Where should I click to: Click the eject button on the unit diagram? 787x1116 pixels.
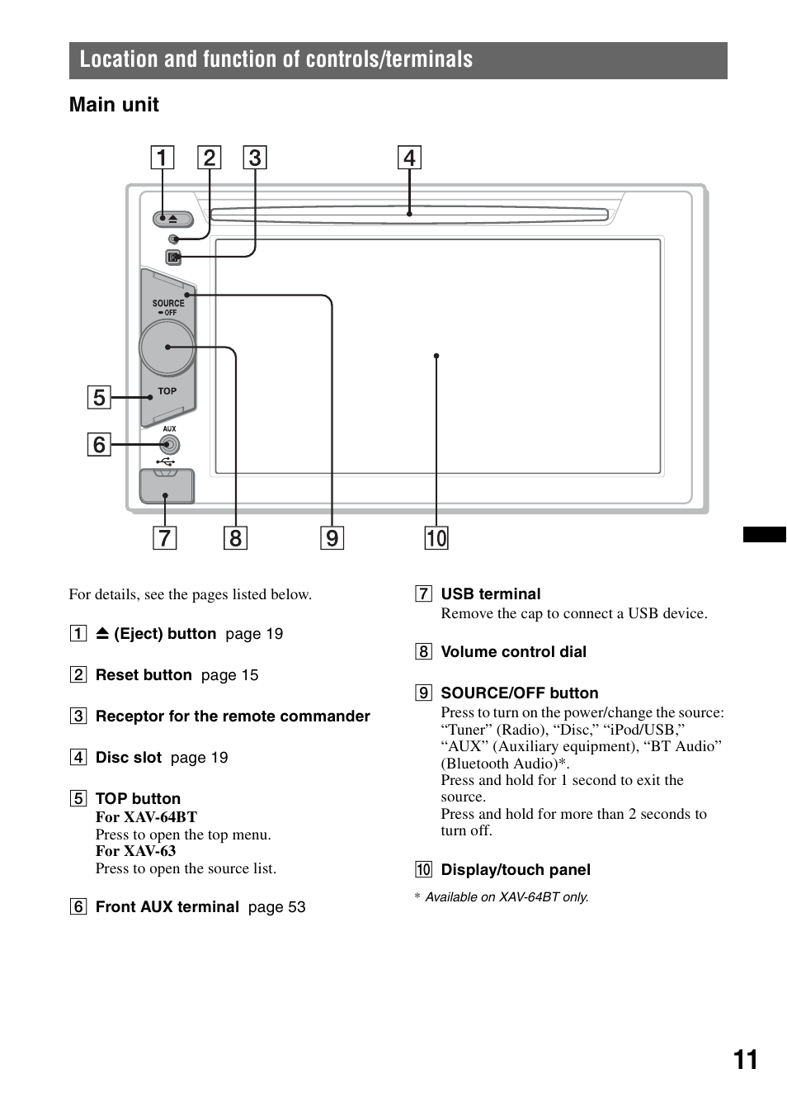tap(172, 219)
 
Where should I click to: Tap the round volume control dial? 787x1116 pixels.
tap(167, 348)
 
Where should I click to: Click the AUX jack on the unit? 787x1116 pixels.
tap(170, 444)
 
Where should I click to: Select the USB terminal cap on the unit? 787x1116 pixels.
tap(167, 485)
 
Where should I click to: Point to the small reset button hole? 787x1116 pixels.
tap(174, 239)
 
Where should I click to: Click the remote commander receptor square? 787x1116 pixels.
tap(173, 257)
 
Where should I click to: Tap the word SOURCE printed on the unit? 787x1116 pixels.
tap(168, 303)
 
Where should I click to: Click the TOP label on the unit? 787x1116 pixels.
tap(167, 391)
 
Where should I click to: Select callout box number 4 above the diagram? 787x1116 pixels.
tap(409, 158)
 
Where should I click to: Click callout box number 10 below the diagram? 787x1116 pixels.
tap(436, 538)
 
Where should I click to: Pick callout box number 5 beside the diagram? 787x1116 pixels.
tap(99, 397)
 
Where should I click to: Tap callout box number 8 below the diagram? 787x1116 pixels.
tap(235, 538)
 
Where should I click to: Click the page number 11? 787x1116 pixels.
tap(745, 1060)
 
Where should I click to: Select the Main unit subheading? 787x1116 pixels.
tap(114, 105)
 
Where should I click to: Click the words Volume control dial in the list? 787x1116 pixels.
tap(513, 651)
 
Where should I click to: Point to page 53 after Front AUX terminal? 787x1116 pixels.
tap(276, 906)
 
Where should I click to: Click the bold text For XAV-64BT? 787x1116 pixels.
tap(146, 817)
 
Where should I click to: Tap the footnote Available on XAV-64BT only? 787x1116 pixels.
tap(507, 896)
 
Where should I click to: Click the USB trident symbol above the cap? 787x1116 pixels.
tap(166, 462)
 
